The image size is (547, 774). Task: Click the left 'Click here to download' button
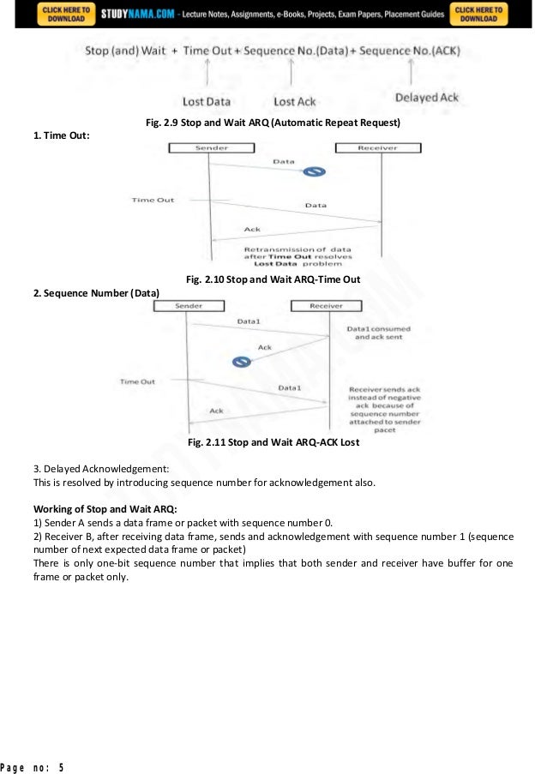(x=64, y=14)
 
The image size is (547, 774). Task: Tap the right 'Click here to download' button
(x=480, y=14)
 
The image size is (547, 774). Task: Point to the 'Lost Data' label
(x=206, y=101)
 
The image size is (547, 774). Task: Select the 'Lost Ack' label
(x=294, y=101)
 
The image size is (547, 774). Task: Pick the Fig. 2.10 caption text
(x=273, y=279)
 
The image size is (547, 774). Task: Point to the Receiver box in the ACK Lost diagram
(x=325, y=306)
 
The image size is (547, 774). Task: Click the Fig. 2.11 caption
(x=273, y=443)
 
